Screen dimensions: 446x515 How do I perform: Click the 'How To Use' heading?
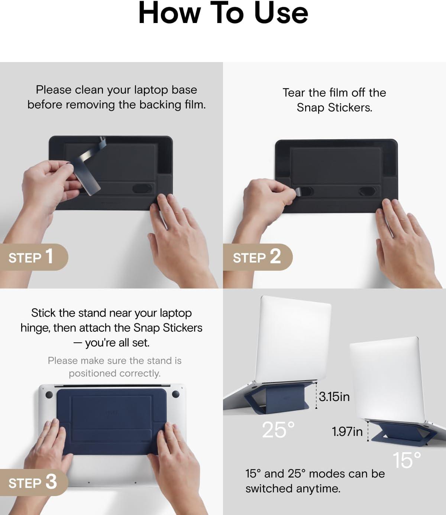223,13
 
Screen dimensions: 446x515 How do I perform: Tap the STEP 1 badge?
34,257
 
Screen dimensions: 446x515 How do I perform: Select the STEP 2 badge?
258,257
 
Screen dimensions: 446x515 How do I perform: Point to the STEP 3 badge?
34,482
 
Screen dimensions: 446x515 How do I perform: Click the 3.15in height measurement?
334,397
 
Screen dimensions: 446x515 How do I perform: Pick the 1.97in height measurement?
347,431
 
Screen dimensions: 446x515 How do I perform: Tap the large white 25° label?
278,430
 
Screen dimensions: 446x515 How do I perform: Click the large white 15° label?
407,460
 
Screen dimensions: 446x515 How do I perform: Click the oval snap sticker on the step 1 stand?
142,189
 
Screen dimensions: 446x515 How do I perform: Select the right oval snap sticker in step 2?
367,191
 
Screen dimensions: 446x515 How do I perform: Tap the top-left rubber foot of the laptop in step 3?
49,395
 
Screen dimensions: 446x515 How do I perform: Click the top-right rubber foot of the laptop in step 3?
175,394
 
